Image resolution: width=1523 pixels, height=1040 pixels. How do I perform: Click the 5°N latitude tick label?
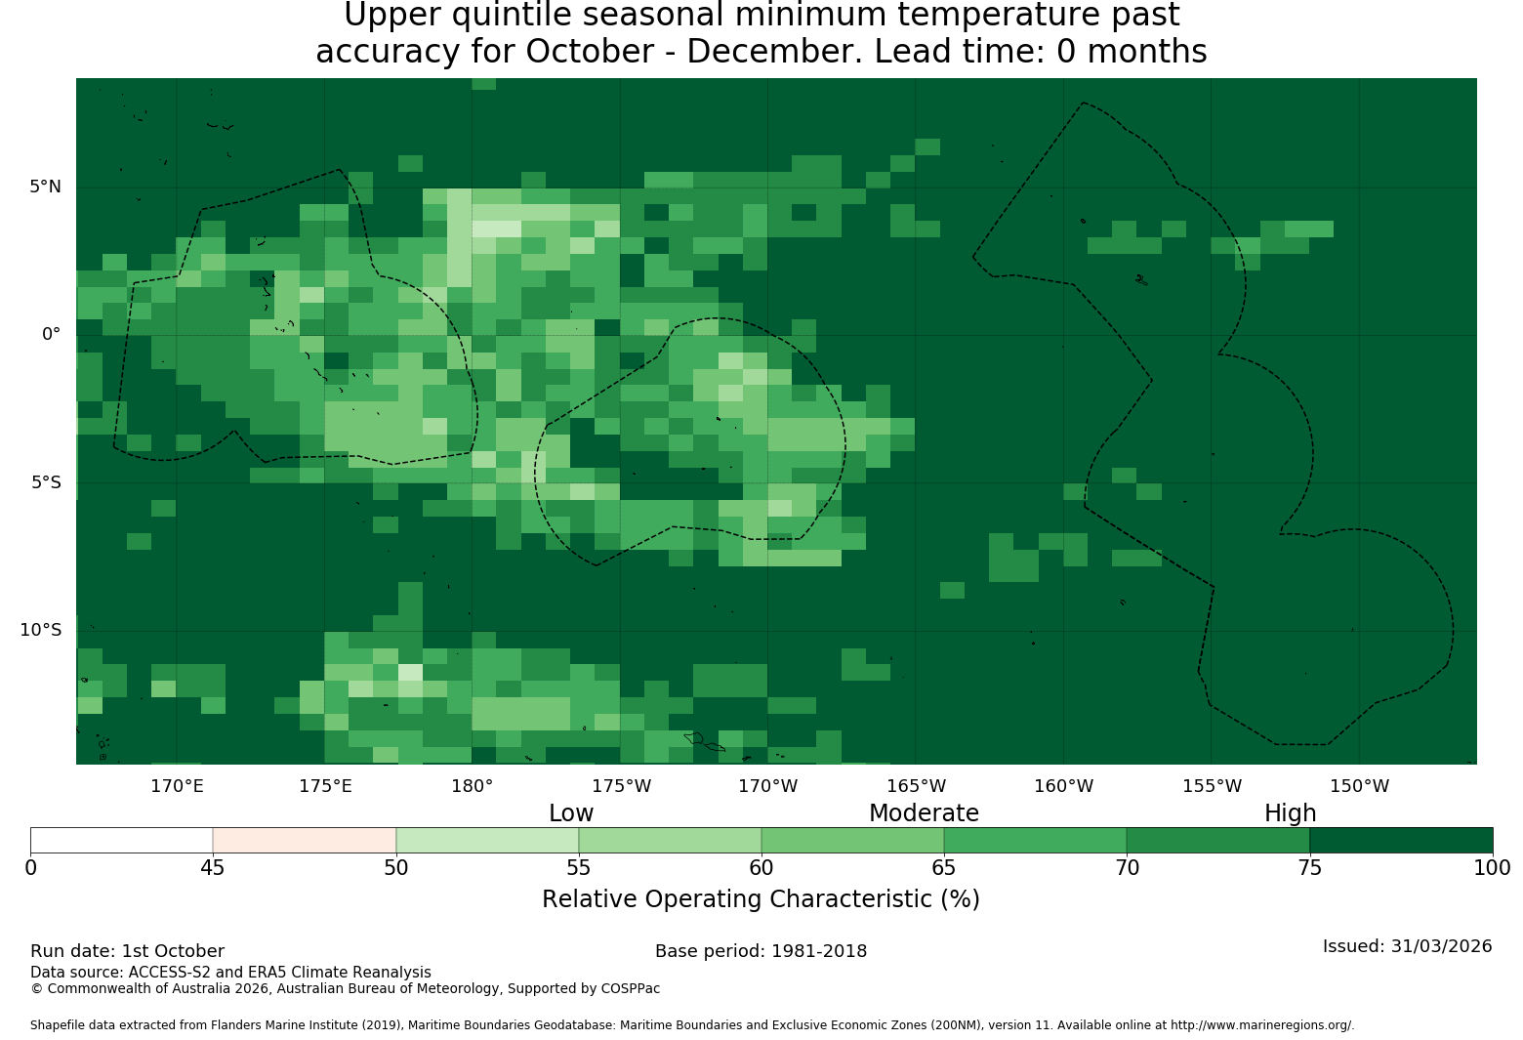(45, 187)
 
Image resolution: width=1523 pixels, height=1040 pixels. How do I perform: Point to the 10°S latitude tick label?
(40, 630)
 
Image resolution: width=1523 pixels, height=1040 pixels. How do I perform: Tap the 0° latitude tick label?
(51, 334)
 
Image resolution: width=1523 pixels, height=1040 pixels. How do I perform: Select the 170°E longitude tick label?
(177, 786)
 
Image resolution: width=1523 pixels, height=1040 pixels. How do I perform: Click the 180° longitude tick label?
(472, 786)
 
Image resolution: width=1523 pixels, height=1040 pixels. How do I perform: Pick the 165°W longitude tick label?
(916, 786)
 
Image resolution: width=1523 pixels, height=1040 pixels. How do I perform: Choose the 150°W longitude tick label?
(1359, 786)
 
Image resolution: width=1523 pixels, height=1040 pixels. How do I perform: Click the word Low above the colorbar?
(571, 812)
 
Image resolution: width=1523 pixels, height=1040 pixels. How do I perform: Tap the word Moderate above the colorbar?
(924, 812)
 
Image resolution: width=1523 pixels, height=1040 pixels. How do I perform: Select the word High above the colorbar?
(1290, 813)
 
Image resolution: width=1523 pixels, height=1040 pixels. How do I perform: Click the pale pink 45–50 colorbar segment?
(305, 840)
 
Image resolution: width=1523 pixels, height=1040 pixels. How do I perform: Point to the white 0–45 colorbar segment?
(122, 840)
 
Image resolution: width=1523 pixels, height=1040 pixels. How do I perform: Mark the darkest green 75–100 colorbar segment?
(1401, 840)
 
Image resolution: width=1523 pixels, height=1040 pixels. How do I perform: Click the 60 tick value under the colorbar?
(761, 868)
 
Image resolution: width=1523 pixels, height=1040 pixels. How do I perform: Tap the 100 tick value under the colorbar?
(1492, 868)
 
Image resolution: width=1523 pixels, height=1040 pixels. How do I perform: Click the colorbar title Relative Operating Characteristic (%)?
(761, 899)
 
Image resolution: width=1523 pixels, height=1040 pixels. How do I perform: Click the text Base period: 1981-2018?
(761, 951)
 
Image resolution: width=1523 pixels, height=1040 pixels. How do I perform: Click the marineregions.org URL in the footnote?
(1262, 1025)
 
